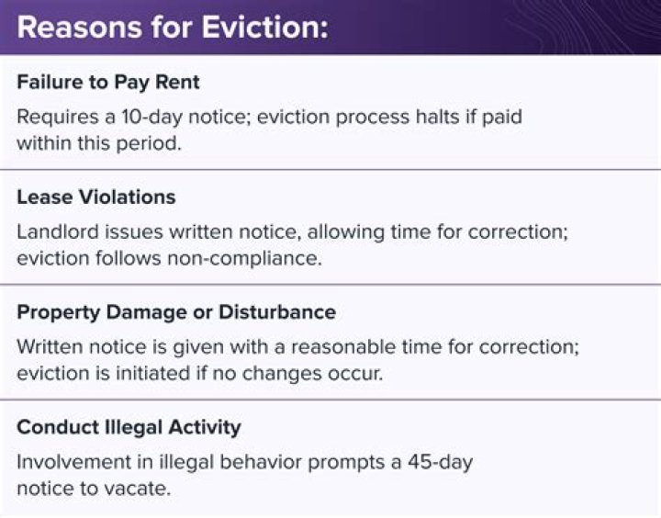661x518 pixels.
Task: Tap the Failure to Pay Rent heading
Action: [x=108, y=82]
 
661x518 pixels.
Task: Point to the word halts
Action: [x=420, y=118]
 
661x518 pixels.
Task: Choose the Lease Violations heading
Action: [x=96, y=197]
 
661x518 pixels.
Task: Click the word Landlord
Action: [x=56, y=233]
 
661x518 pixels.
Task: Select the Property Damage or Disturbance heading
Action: [x=176, y=311]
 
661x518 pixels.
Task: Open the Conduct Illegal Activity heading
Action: [x=129, y=426]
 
